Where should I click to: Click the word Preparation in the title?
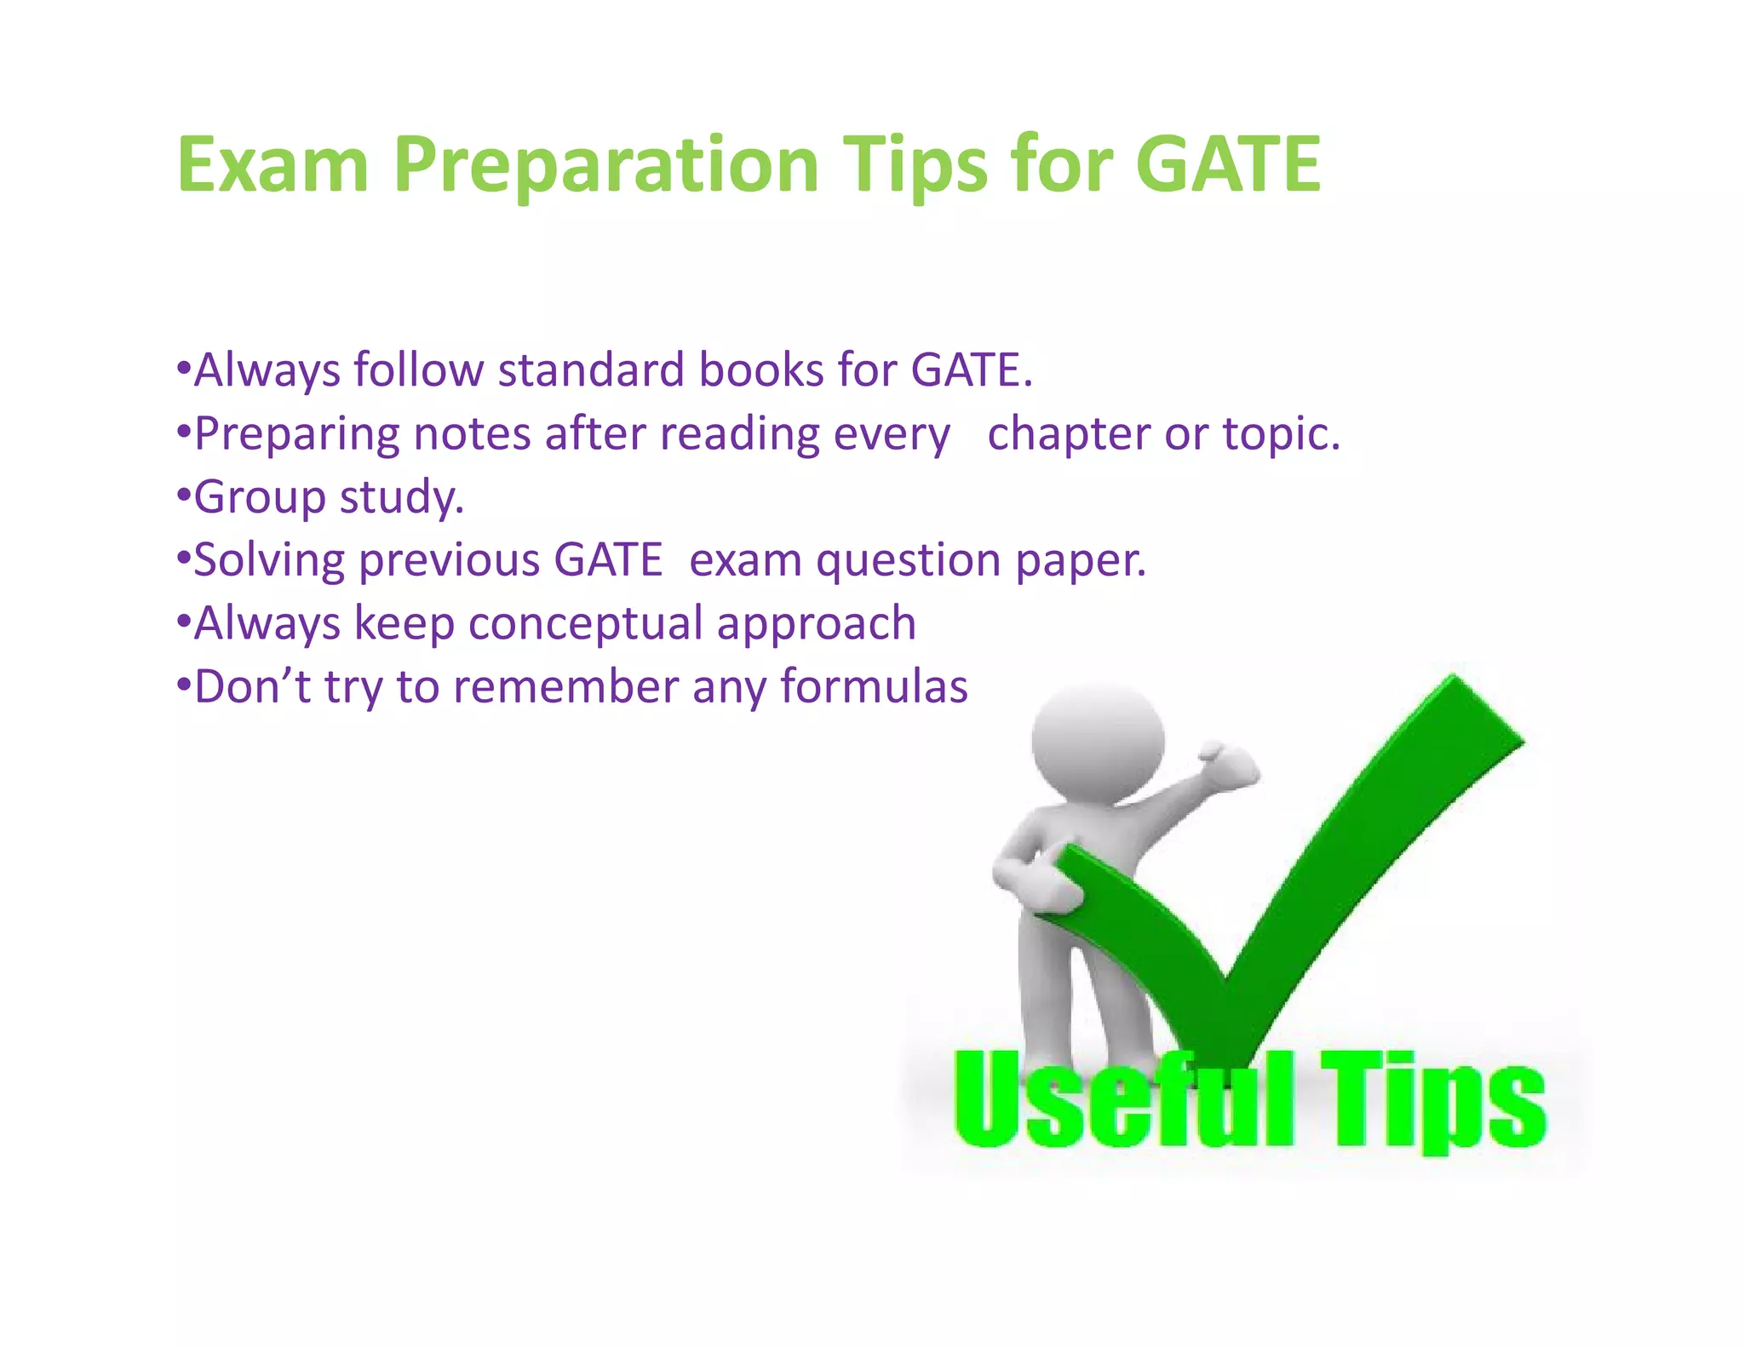(x=605, y=166)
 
